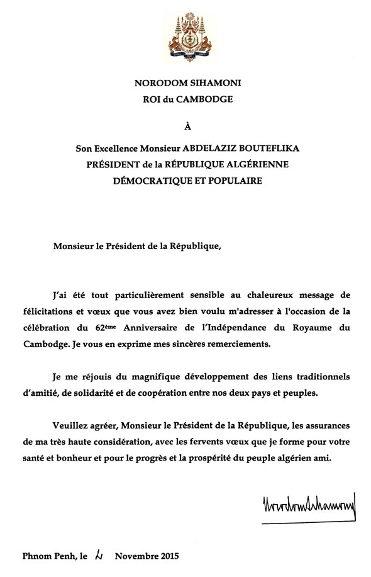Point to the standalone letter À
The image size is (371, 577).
pyautogui.click(x=186, y=128)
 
